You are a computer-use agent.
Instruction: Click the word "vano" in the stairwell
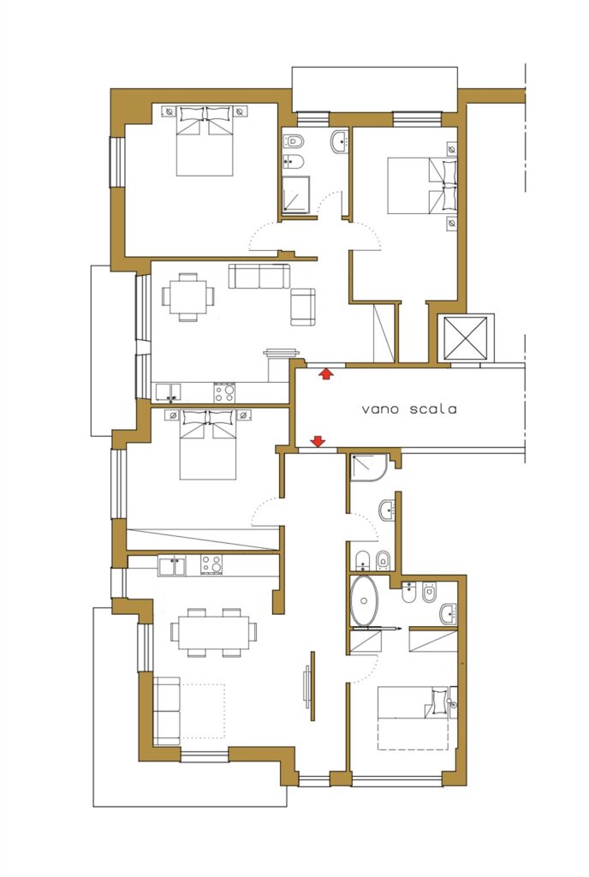click(379, 409)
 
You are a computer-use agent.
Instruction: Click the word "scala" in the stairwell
click(433, 409)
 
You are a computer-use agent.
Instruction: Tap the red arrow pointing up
click(325, 373)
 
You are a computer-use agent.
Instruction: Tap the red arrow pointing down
click(318, 442)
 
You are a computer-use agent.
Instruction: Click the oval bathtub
click(365, 600)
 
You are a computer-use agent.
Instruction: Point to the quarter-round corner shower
click(368, 468)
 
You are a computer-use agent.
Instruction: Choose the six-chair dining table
click(213, 632)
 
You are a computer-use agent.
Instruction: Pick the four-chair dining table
click(188, 296)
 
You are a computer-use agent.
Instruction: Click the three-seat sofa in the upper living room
click(259, 277)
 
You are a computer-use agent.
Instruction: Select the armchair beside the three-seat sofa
click(303, 307)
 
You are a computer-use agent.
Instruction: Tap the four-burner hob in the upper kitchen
click(224, 392)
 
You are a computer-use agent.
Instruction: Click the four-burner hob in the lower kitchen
click(211, 565)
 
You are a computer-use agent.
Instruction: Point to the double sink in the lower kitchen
click(172, 566)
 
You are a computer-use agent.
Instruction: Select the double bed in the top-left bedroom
click(205, 141)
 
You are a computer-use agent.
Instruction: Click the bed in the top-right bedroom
click(422, 186)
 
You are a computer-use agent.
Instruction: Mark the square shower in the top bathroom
click(296, 194)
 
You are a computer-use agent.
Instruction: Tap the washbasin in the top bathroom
click(340, 141)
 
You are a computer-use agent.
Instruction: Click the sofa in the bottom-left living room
click(167, 711)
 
